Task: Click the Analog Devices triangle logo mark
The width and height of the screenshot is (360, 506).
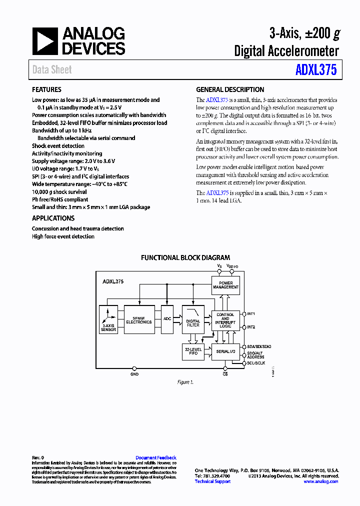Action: [44, 41]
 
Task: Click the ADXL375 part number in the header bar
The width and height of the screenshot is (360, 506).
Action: [316, 69]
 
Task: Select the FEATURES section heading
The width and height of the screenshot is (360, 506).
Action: [47, 90]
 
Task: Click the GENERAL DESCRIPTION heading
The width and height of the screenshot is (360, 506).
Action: [230, 90]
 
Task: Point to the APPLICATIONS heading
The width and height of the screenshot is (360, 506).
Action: [53, 218]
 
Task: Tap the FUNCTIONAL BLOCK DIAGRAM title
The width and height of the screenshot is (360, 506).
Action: [185, 258]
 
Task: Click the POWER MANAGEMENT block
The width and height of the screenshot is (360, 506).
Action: [225, 285]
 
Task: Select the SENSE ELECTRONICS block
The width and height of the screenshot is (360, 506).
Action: [139, 320]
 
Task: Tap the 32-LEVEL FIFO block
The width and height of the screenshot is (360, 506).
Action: [193, 351]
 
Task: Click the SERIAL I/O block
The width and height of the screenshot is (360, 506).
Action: [225, 351]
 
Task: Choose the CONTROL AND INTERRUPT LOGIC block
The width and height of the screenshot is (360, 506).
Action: [225, 320]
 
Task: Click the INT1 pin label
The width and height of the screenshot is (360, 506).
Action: [251, 314]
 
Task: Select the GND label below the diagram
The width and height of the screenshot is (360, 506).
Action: [134, 374]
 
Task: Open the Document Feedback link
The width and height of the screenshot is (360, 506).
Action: [156, 458]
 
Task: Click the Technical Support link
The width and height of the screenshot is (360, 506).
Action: [212, 481]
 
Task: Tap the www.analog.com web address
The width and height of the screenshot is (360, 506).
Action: [321, 481]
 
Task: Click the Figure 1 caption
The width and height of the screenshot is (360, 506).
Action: [184, 382]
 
